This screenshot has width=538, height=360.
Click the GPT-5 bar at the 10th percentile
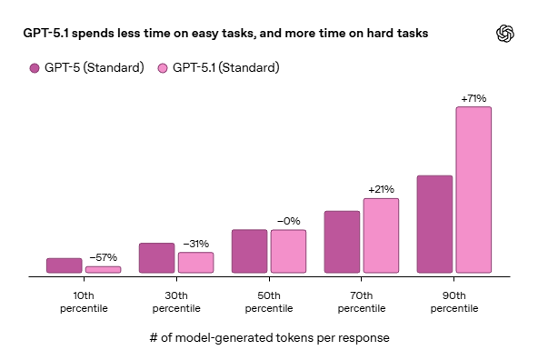coord(64,265)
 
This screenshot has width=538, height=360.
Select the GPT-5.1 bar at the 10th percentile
coord(103,269)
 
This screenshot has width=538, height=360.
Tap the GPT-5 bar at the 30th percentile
coord(156,258)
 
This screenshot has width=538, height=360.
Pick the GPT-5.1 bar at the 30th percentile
coord(195,263)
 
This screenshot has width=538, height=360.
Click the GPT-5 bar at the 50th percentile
coord(249,251)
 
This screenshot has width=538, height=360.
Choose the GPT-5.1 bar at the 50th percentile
coord(288,251)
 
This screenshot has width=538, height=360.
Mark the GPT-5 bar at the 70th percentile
coord(342,242)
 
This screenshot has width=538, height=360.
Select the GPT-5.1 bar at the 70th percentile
coord(381,235)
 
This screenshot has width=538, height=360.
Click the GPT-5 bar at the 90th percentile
coord(434,224)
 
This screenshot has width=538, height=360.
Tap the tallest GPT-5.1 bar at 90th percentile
coord(473,190)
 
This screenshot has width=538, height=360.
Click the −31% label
coord(195,244)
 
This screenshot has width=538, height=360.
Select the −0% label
coord(288,221)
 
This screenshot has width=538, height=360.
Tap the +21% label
coord(381,189)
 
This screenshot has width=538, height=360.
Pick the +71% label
coord(473,98)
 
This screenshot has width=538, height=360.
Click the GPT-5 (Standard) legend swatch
coord(35,68)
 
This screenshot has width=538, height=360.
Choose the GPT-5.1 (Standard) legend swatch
coord(164,68)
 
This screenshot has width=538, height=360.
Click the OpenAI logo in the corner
coord(505,34)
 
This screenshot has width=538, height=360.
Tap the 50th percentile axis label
coord(269,302)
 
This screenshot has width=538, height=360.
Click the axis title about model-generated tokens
coord(269,338)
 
